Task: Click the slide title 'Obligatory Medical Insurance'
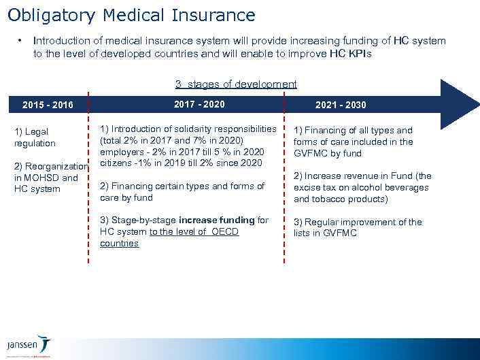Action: (131, 15)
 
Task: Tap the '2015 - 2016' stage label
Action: (48, 105)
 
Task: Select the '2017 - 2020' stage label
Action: (199, 104)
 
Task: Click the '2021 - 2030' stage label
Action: (341, 105)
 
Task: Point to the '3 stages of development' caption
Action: (236, 84)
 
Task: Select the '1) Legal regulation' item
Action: (35, 137)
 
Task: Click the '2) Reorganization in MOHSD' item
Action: (50, 178)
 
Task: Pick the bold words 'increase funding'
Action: (216, 220)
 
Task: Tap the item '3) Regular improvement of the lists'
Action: (358, 227)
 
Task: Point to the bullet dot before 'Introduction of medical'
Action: (21, 41)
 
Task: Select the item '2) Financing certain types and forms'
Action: (182, 191)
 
